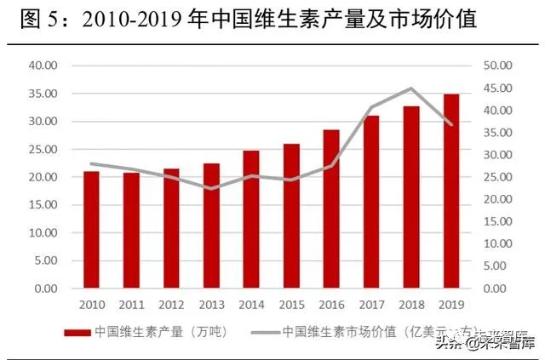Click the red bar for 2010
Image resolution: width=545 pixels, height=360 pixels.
pos(91,230)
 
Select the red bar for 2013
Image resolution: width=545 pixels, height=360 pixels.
pos(211,226)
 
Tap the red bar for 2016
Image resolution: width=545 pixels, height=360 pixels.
pos(331,209)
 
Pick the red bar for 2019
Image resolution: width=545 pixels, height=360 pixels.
pos(451,191)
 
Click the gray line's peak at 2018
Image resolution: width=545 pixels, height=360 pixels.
pos(411,89)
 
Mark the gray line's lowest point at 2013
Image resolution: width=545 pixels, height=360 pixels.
pos(211,188)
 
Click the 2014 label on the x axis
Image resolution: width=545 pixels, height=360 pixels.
pos(251,303)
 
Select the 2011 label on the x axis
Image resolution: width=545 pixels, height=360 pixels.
pos(131,303)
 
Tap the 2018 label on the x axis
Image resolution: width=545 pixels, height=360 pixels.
pos(411,303)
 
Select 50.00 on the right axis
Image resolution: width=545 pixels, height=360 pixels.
pos(497,66)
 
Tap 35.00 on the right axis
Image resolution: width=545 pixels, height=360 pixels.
pos(497,133)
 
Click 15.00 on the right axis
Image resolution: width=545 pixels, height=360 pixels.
pos(497,221)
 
